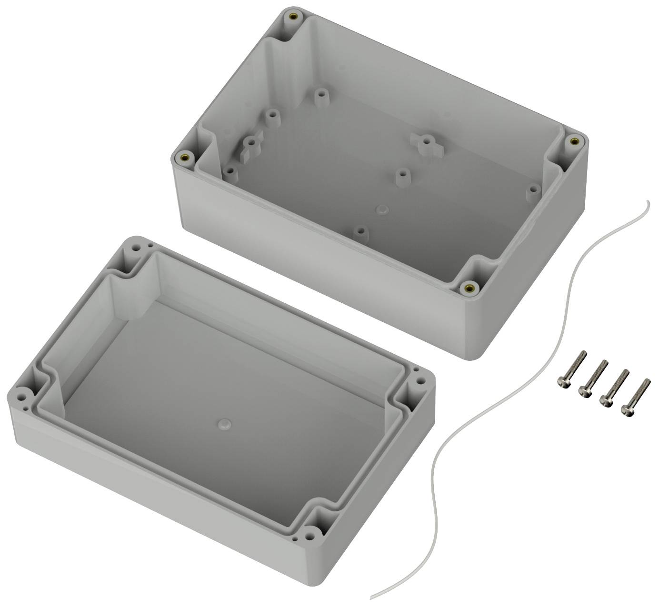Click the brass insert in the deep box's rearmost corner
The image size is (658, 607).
[291, 17]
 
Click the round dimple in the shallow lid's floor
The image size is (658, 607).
[223, 423]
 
